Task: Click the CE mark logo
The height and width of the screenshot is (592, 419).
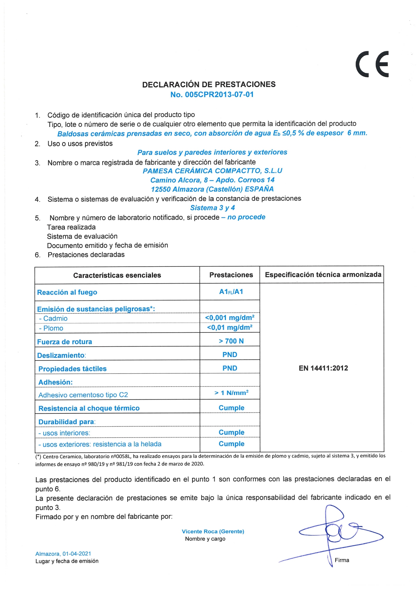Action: pyautogui.click(x=372, y=64)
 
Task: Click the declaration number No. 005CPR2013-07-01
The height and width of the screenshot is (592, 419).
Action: pyautogui.click(x=212, y=95)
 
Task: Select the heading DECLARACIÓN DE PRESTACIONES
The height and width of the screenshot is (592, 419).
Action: pyautogui.click(x=209, y=84)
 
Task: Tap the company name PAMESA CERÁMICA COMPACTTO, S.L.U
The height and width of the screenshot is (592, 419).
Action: pyautogui.click(x=212, y=171)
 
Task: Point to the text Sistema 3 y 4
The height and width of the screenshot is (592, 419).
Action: pyautogui.click(x=212, y=208)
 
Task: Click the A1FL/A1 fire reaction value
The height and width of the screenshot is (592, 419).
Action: pyautogui.click(x=231, y=292)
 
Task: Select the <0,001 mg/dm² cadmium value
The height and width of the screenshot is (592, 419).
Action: pyautogui.click(x=230, y=318)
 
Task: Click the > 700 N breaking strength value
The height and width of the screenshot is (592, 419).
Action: pyautogui.click(x=231, y=341)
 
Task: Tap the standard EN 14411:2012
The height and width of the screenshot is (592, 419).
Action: pyautogui.click(x=323, y=368)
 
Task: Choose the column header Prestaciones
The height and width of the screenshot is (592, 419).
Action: pyautogui.click(x=231, y=275)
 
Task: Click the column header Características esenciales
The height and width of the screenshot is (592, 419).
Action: pyautogui.click(x=117, y=275)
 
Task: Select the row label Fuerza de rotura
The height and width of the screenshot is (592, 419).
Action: pyautogui.click(x=64, y=342)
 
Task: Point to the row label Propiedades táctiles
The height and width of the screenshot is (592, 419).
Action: pyautogui.click(x=73, y=369)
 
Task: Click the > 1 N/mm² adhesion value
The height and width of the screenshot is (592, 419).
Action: pyautogui.click(x=231, y=393)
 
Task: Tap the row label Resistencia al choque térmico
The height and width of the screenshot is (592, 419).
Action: pyautogui.click(x=89, y=408)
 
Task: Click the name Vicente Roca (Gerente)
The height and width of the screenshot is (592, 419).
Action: pyautogui.click(x=213, y=531)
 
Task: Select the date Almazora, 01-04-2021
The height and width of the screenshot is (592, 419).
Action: pyautogui.click(x=63, y=554)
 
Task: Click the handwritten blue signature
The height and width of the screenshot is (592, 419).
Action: pyautogui.click(x=338, y=533)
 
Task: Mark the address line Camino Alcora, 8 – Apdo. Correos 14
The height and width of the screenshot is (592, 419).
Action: pyautogui.click(x=212, y=180)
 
